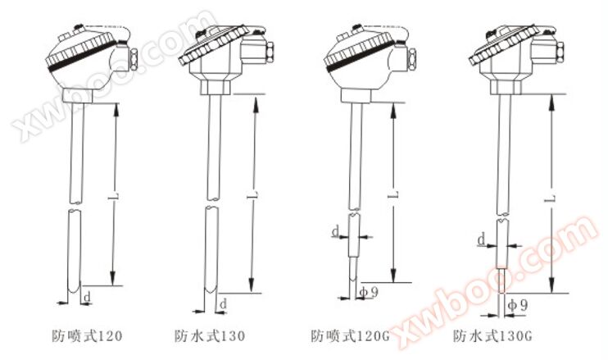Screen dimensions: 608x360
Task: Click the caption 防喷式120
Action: (87, 335)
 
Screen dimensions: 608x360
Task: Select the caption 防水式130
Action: (210, 335)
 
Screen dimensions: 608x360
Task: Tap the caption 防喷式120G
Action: (350, 335)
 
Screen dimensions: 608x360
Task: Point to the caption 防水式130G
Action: (492, 335)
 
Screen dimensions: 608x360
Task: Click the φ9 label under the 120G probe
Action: (369, 292)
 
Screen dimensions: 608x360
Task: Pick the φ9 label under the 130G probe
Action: (518, 305)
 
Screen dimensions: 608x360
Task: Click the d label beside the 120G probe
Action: (336, 231)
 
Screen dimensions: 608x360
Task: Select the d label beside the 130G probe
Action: (481, 239)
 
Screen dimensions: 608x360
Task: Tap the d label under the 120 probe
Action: (88, 297)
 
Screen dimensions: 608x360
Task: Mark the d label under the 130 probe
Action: (223, 304)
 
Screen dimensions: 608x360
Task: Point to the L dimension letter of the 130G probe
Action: (552, 199)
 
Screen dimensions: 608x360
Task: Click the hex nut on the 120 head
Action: (134, 59)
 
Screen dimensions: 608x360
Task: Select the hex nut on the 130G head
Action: (560, 52)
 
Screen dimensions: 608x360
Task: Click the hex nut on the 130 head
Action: (270, 52)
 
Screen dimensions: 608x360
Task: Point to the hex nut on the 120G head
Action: (412, 59)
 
